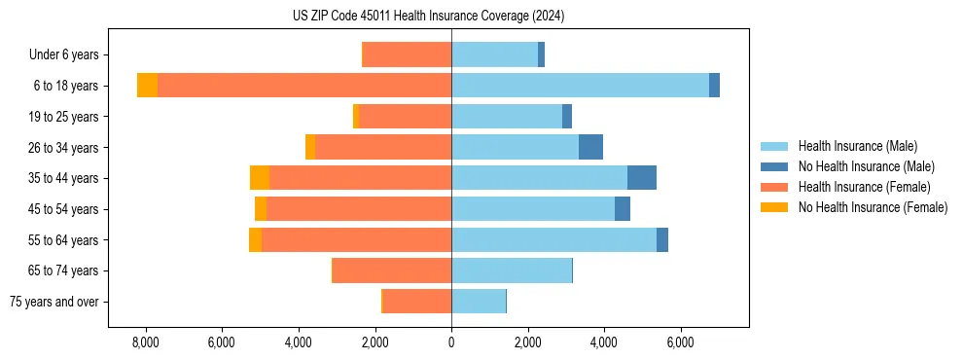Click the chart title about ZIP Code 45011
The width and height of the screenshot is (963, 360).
[428, 17]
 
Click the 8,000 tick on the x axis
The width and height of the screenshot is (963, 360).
[145, 342]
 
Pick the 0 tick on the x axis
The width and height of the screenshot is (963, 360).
[451, 342]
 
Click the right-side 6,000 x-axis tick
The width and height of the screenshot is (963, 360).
[680, 342]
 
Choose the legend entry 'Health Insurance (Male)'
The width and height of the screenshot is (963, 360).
[857, 146]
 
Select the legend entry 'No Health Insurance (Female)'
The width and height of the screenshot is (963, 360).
[873, 207]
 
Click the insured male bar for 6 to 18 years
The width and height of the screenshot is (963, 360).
[580, 86]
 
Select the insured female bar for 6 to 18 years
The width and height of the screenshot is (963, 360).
[304, 86]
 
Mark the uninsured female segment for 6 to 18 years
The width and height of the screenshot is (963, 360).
[147, 86]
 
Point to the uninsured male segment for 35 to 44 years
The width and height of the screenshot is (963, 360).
[642, 178]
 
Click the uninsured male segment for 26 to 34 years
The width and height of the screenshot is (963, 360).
[590, 147]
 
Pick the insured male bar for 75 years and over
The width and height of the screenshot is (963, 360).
[479, 302]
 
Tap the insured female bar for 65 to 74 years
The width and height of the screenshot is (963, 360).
[392, 270]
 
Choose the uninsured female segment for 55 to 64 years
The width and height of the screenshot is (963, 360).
[255, 239]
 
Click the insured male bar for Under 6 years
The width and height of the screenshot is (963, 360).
[494, 54]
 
